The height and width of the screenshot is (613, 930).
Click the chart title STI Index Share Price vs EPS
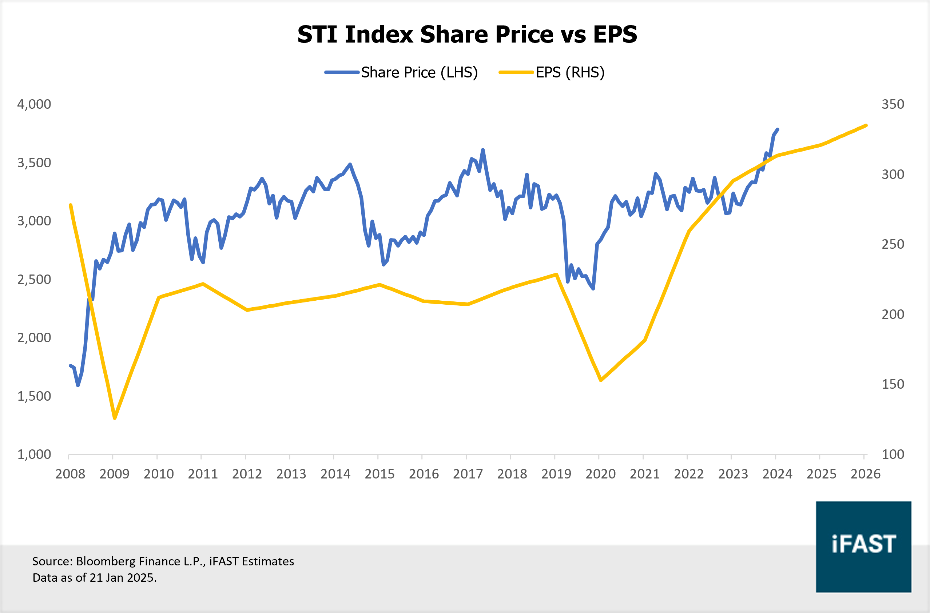pos(467,35)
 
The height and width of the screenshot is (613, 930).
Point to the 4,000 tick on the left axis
pos(34,104)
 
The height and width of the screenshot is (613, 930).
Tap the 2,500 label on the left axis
pos(34,279)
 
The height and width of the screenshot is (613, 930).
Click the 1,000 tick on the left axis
pos(34,454)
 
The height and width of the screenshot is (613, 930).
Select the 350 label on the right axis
pos(893,104)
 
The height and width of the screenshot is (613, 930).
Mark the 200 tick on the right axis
pos(893,314)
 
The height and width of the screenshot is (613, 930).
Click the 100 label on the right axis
pos(893,454)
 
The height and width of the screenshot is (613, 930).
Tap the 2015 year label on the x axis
pos(379,474)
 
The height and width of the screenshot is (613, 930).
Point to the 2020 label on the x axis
pos(600,474)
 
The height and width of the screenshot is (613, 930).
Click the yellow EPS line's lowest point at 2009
pos(115,418)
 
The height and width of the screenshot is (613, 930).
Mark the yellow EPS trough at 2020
pos(601,380)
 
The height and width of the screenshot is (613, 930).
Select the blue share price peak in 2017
pos(483,150)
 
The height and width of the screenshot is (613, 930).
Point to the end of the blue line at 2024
pos(778,129)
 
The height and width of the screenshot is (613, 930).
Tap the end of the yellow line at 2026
pos(866,125)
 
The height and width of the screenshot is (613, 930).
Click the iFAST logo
pos(863,546)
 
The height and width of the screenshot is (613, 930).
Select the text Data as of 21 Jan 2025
pos(94,577)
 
